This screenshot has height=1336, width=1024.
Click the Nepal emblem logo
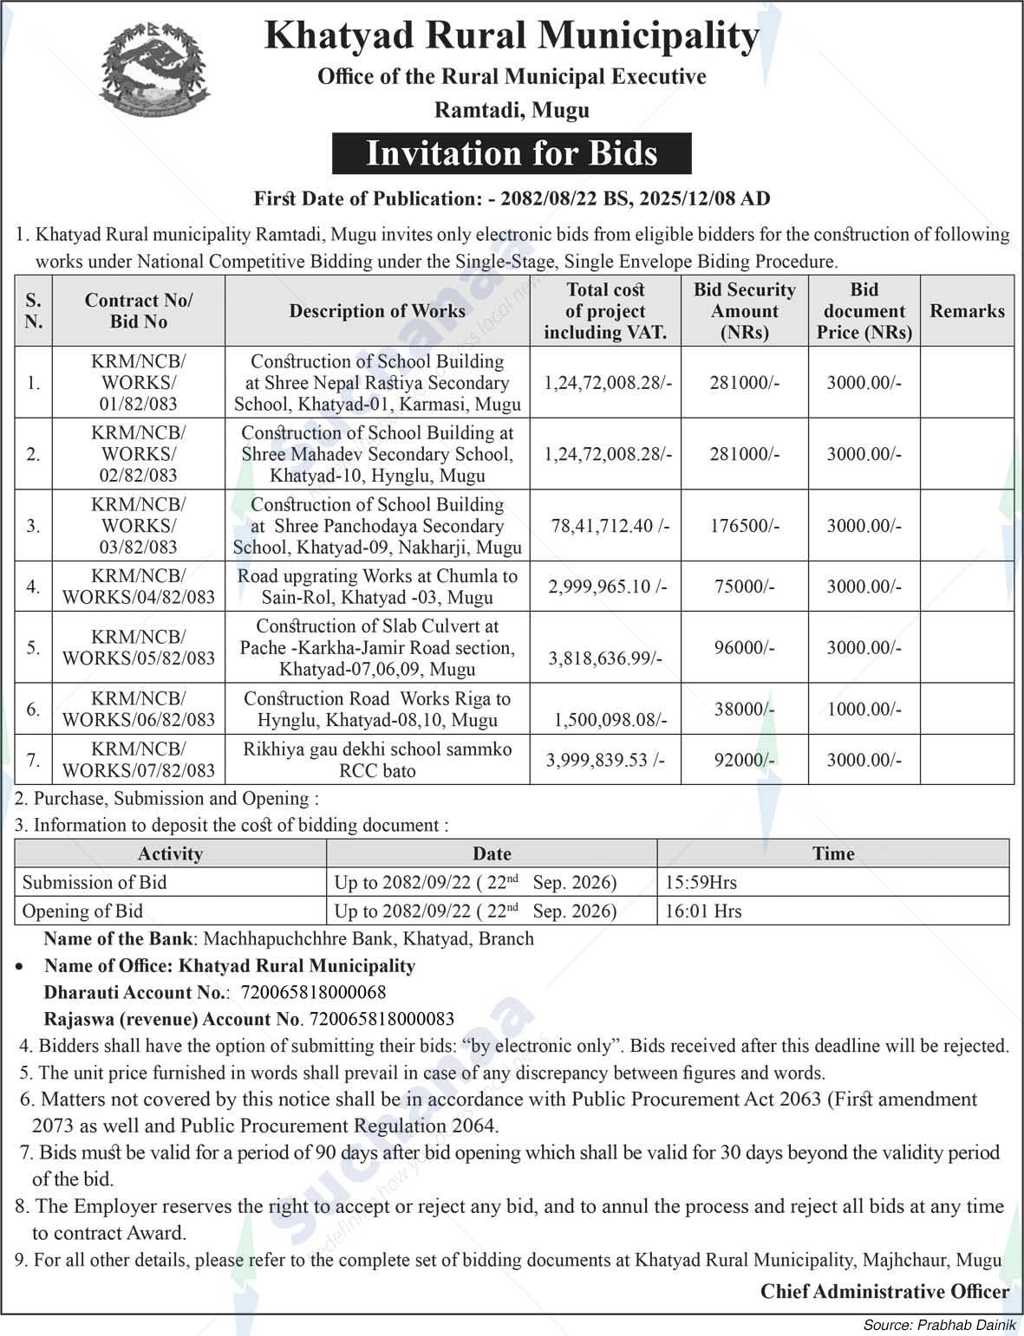[154, 70]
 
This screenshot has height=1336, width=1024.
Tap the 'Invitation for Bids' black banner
[512, 153]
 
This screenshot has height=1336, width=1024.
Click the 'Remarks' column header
[967, 311]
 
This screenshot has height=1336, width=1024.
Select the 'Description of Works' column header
[377, 311]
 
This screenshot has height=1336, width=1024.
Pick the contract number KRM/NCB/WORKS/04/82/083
[138, 587]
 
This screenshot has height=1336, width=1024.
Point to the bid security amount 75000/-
[745, 587]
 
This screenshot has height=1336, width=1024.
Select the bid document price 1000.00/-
[864, 710]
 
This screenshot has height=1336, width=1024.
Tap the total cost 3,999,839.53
[605, 760]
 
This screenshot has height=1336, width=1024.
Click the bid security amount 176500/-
[745, 526]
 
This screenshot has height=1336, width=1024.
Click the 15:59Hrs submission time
[701, 883]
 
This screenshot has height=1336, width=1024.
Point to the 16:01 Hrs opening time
[703, 911]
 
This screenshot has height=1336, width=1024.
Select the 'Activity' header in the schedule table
[170, 853]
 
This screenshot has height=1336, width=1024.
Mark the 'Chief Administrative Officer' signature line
[884, 1292]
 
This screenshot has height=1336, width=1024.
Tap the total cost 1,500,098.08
[610, 720]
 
